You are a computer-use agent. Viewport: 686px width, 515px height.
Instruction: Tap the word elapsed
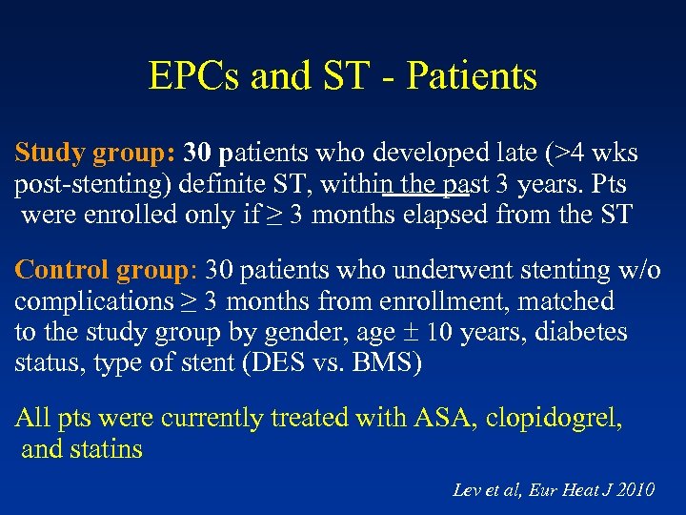(434, 214)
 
